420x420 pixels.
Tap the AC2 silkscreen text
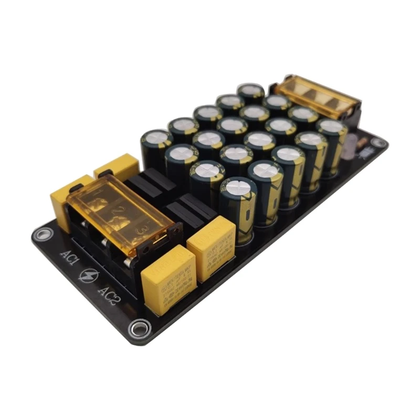109,297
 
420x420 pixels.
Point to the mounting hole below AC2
139,329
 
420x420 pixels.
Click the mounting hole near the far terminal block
377,142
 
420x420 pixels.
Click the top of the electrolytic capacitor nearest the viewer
238,187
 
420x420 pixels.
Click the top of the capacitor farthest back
251,90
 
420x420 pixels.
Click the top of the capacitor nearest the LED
331,126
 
